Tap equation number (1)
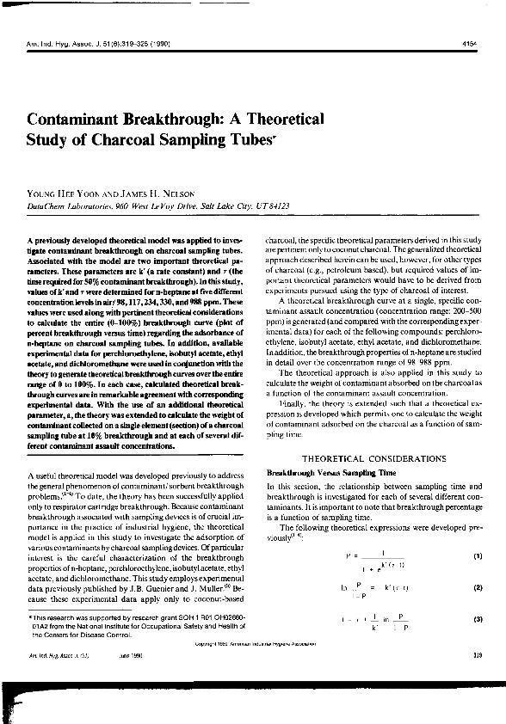pos(477,555)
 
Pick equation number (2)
pos(477,586)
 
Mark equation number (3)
pos(477,619)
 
